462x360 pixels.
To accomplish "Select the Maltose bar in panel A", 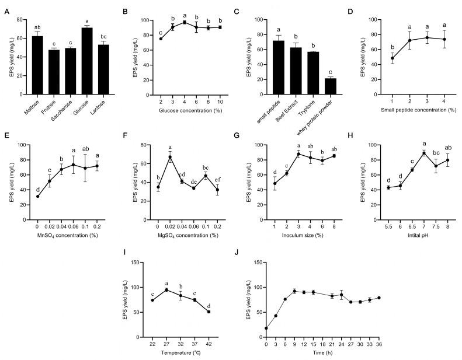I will pos(37,65).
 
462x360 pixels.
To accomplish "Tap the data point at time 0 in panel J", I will pos(266,328).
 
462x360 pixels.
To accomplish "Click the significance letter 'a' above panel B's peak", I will pos(185,16).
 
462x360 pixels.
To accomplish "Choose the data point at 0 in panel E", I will pos(37,196).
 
